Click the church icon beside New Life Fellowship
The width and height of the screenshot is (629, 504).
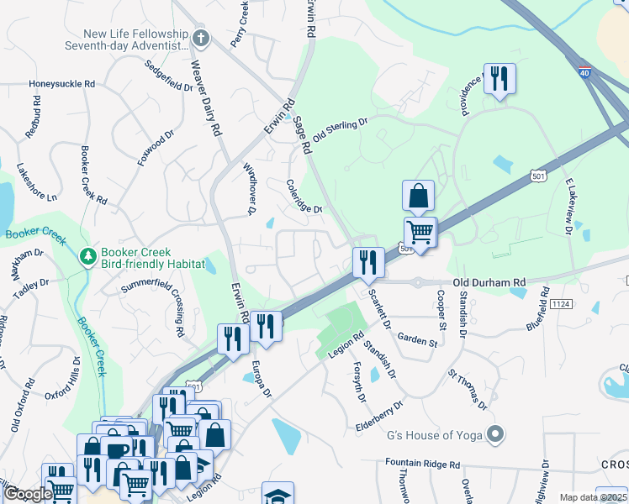tap(200, 38)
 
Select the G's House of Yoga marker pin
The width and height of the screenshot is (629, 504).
tap(496, 434)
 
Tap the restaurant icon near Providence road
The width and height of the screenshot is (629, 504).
tap(499, 79)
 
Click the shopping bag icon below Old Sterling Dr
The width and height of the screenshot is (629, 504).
tap(418, 197)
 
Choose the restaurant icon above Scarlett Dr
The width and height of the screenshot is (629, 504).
tap(368, 262)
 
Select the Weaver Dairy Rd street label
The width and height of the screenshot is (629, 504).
tap(206, 99)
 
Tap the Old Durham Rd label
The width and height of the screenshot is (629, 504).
tap(489, 283)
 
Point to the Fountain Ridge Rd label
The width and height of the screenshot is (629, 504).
tap(423, 464)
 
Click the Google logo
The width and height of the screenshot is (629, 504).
tap(28, 495)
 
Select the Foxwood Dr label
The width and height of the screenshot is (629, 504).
tap(156, 146)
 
